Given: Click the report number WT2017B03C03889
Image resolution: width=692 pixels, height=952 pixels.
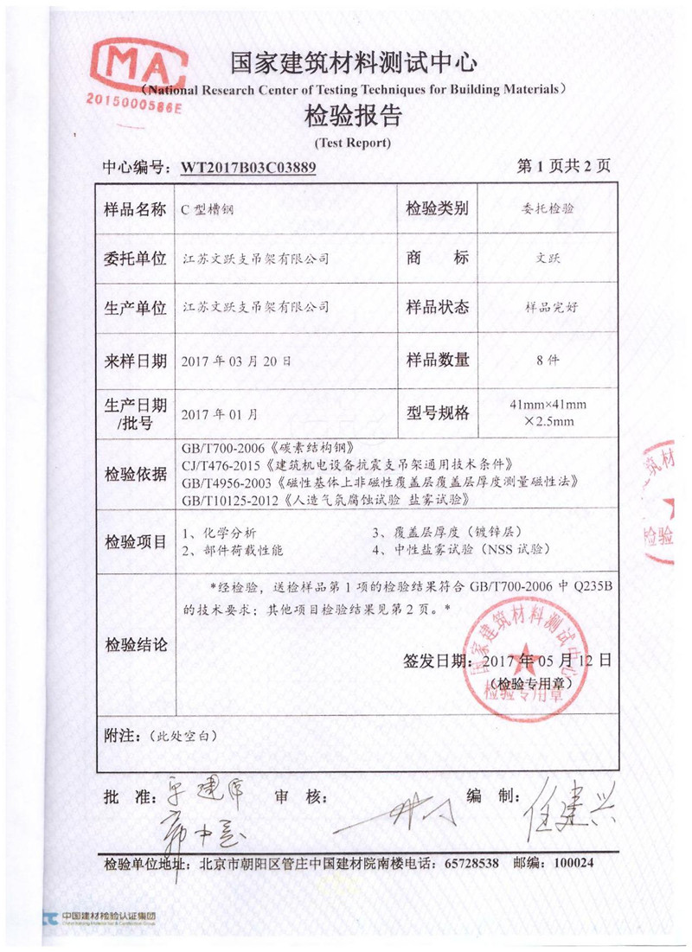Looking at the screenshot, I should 247,168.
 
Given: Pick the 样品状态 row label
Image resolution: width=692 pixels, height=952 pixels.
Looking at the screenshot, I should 438,307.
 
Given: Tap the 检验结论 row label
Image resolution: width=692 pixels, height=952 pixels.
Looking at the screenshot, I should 134,644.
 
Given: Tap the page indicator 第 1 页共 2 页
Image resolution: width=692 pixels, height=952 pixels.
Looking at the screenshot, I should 563,167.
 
